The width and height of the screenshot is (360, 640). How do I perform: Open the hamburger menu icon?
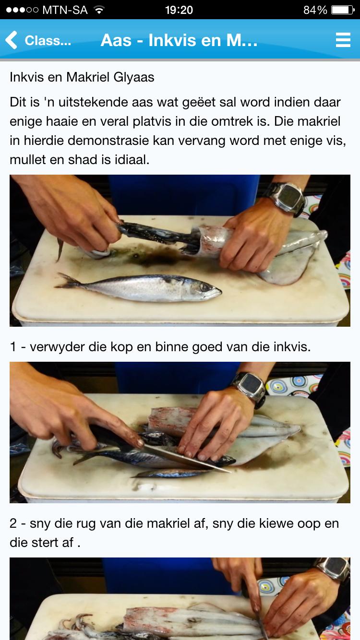coord(343,40)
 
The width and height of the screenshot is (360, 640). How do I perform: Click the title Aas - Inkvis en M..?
coord(179,40)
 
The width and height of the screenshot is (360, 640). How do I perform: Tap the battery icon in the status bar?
coord(343,10)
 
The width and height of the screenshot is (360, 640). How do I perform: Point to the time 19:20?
coord(179,10)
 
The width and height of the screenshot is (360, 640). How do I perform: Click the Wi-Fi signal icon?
coord(99,10)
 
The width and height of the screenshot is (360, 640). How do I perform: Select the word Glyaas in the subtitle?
coord(134,77)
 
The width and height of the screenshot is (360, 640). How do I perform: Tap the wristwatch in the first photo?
coord(287,199)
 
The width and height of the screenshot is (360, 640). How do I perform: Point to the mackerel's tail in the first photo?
coord(68,281)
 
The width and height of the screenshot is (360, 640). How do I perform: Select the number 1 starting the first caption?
coord(13,347)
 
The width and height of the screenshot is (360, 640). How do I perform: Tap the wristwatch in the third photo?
coord(334,569)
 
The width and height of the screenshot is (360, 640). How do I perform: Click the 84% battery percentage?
coord(315,10)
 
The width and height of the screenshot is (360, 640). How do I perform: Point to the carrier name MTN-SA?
coord(65,10)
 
